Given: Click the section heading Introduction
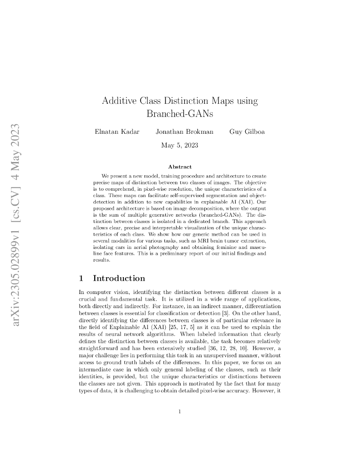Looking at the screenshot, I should click(x=119, y=278).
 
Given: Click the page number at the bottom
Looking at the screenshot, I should click(x=180, y=412).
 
